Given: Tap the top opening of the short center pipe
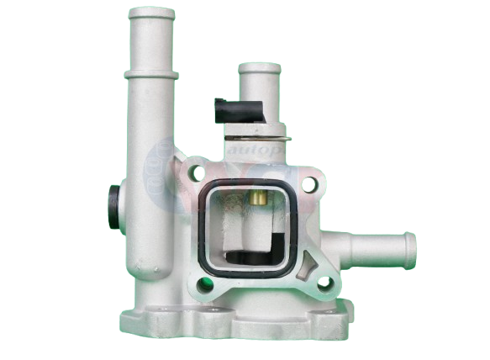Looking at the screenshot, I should point(259,67).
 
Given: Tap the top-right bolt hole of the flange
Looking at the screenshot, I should point(309,182).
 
